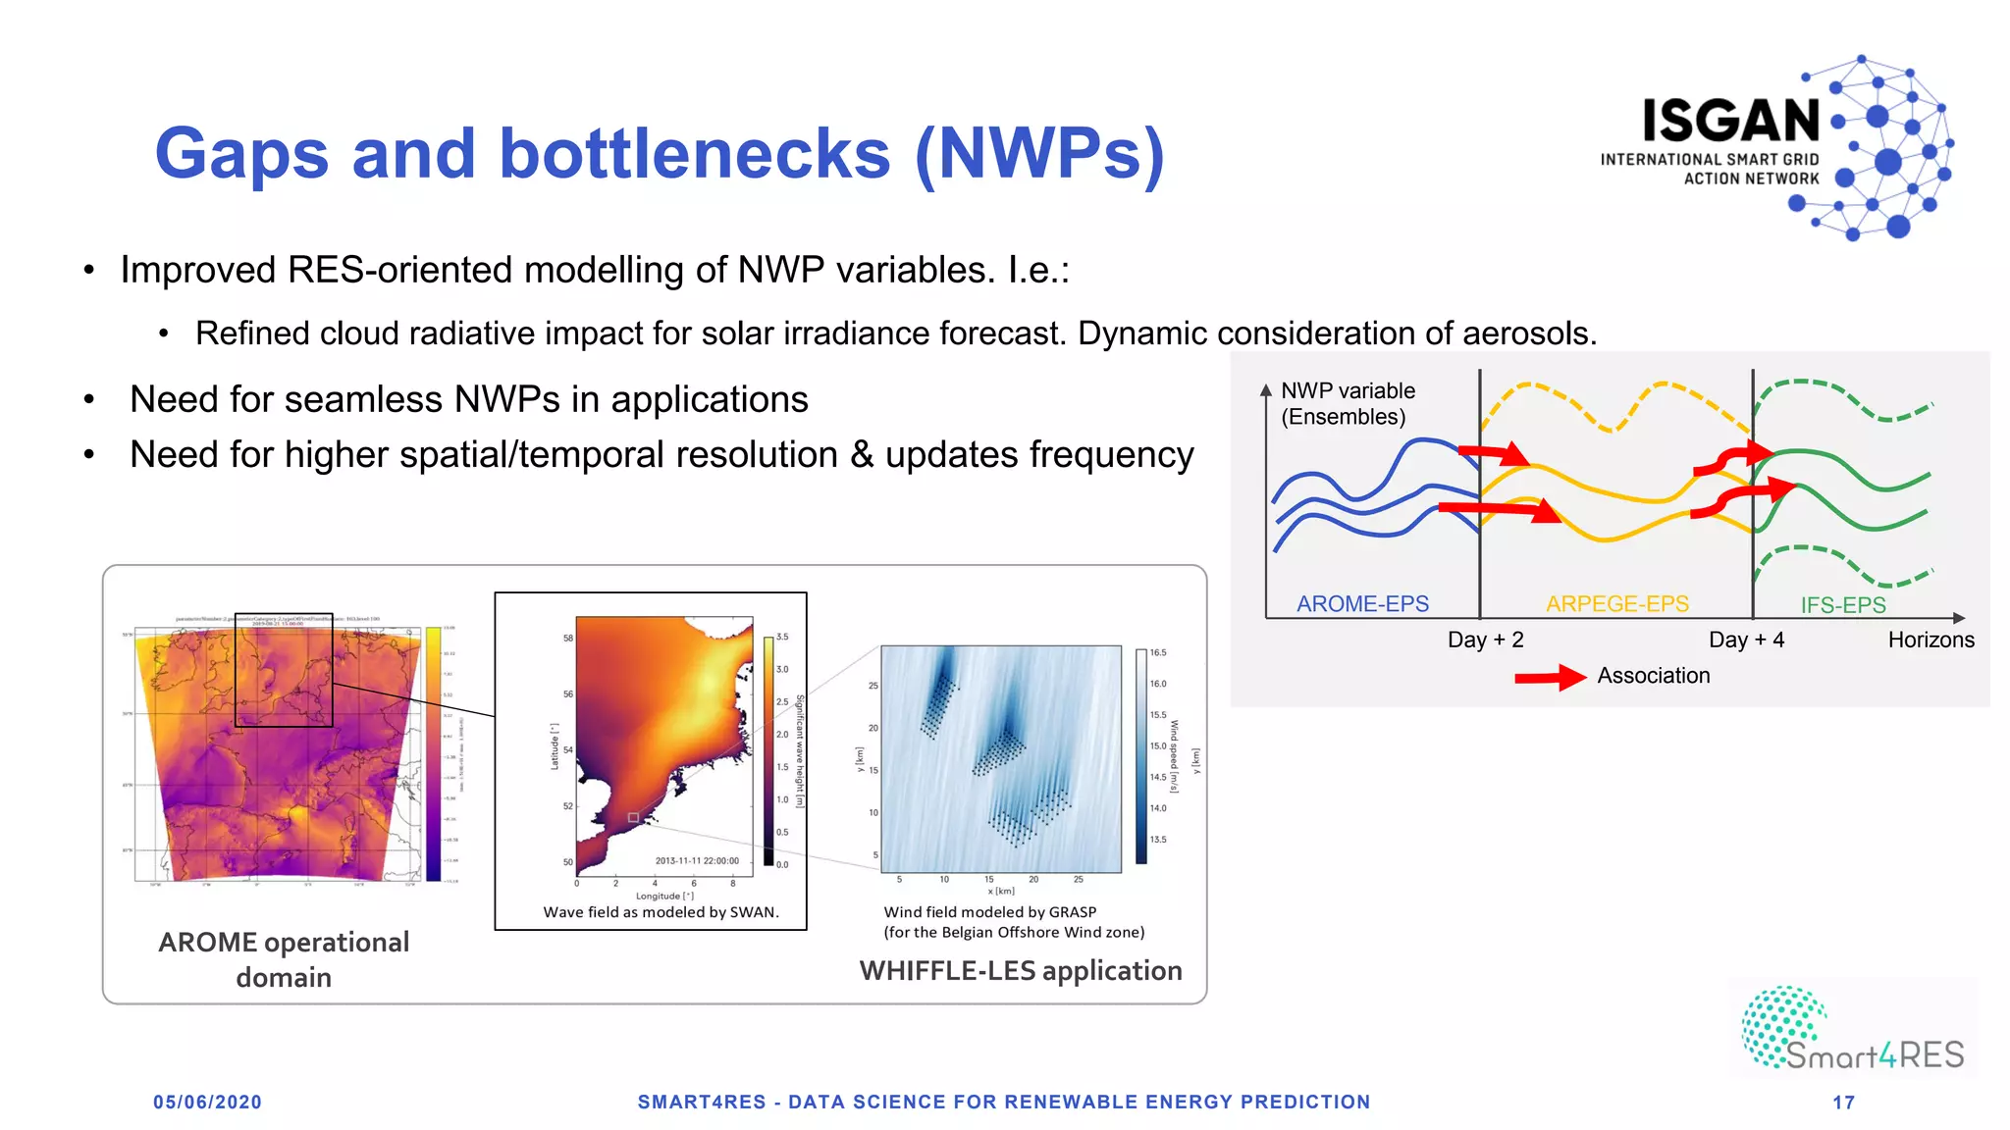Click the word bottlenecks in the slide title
tap(694, 154)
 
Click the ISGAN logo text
tap(1730, 122)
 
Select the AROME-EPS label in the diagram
tap(1362, 603)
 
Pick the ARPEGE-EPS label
tap(1616, 603)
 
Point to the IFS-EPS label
tap(1842, 604)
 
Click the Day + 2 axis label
tap(1485, 640)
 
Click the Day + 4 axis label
tap(1746, 640)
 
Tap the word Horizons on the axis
tap(1931, 640)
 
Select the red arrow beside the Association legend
tap(1550, 677)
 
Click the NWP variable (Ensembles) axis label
tap(1347, 403)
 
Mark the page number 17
tap(1843, 1103)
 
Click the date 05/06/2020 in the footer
tap(207, 1102)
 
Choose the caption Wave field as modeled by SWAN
tap(661, 912)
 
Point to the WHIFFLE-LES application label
tap(1020, 970)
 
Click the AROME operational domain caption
tap(284, 959)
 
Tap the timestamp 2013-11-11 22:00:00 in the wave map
tap(697, 860)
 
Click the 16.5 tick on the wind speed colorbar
tap(1158, 652)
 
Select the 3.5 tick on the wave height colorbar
tap(782, 637)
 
